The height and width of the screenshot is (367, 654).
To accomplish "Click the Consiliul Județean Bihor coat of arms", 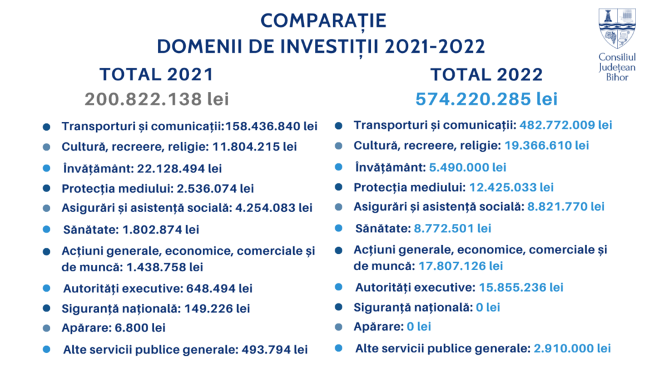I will tap(616, 28).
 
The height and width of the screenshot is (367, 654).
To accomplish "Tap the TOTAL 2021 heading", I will tap(156, 74).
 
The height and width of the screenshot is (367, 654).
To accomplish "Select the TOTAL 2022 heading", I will tap(487, 74).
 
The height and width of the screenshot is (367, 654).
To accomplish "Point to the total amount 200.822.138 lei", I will tap(156, 99).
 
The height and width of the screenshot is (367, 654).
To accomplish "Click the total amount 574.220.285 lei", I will tap(487, 99).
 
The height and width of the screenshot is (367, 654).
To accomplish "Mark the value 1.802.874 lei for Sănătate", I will tap(160, 229).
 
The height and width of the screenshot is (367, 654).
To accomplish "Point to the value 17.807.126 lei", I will tap(460, 266).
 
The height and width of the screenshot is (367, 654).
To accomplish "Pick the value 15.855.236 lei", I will tap(521, 287).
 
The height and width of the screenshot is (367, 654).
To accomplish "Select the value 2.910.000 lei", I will tap(572, 348).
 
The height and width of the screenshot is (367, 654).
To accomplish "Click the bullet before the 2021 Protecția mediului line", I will tap(47, 188).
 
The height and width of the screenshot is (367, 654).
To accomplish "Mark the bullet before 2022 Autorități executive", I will tap(339, 287).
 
